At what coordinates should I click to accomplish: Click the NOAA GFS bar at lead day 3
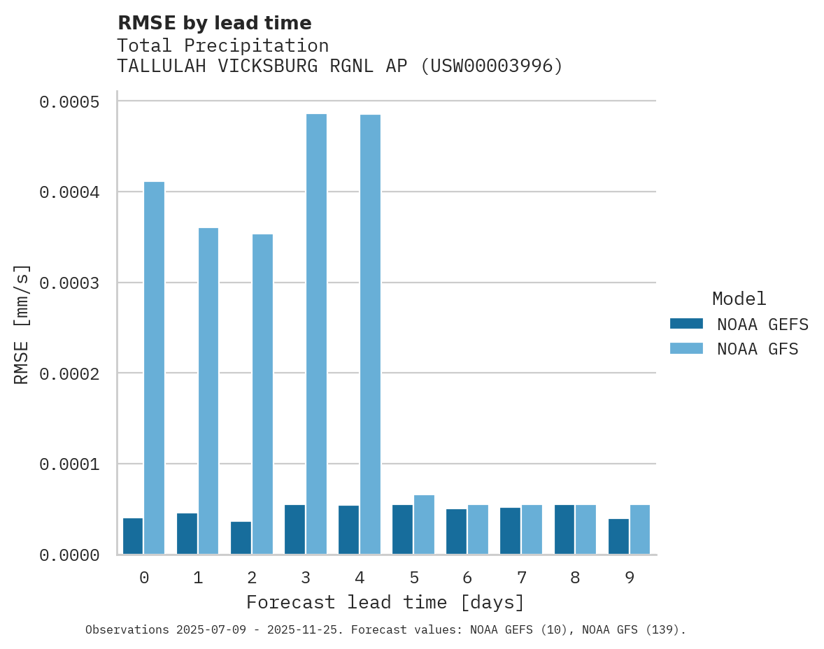316,334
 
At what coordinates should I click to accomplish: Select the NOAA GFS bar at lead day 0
154,368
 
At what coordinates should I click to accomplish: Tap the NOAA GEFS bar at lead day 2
241,538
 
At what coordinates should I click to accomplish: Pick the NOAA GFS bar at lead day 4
370,334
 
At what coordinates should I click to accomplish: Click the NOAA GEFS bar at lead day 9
618,536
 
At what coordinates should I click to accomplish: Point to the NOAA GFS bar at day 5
424,525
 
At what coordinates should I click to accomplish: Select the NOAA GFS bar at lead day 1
208,391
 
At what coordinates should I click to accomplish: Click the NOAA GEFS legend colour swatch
686,324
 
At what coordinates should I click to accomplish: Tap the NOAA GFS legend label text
758,348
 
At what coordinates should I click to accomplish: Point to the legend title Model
739,299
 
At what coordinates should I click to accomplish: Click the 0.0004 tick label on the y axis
69,192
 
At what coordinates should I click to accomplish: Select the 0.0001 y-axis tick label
69,464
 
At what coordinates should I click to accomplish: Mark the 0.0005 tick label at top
69,102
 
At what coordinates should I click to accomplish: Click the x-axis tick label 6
467,578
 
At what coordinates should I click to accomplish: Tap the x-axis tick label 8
575,578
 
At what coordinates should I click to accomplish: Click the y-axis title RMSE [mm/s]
22,324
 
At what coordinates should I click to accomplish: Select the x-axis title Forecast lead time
385,602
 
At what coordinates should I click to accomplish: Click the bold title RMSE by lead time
214,23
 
